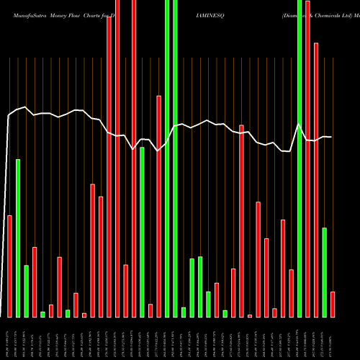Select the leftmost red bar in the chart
pos(9,266)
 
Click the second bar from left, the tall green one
pos(18,238)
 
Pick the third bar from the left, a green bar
pos(27,291)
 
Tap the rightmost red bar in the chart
pos(333,304)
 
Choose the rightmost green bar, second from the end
pos(324,272)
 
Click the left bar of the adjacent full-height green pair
pos(167,158)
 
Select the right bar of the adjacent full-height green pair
pos(175,158)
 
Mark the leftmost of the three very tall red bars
pos(109,166)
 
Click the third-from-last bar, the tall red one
pos(316,180)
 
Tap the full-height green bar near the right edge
pos(300,158)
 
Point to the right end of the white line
pos(331,137)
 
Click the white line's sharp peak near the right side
pos(299,125)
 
